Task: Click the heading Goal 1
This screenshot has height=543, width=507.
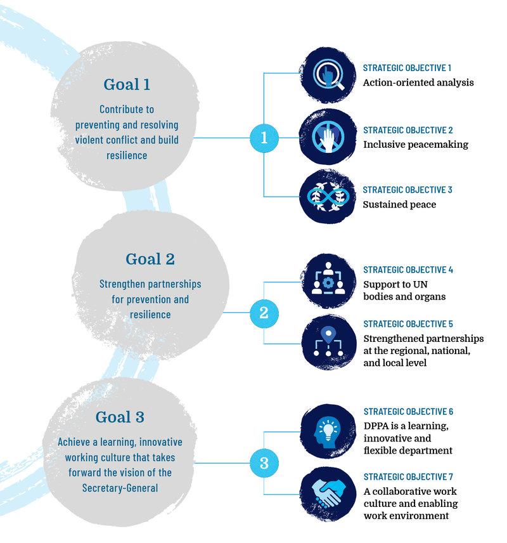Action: coord(126,84)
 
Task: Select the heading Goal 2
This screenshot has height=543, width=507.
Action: coord(150,259)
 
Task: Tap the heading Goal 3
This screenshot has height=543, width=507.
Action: coord(120,417)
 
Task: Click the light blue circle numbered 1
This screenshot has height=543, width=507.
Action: coord(264,138)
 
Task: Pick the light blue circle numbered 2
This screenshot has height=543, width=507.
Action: coord(264,313)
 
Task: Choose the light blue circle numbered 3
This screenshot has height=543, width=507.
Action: coord(264,463)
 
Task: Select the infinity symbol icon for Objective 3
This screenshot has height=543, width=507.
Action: coord(328,197)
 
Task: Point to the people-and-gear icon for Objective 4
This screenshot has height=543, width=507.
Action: coord(328,282)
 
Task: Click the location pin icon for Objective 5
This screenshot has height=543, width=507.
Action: coord(328,343)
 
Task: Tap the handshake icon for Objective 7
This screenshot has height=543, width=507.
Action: coord(328,493)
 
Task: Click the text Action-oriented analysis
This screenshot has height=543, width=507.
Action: coord(418,82)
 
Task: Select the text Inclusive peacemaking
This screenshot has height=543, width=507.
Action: coord(416,145)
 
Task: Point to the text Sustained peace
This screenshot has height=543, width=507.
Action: coord(399,204)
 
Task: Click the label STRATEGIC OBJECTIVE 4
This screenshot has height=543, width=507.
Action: coord(408,270)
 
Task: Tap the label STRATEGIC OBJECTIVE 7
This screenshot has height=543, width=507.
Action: coord(408,477)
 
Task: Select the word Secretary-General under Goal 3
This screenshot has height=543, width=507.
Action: coord(120,487)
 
